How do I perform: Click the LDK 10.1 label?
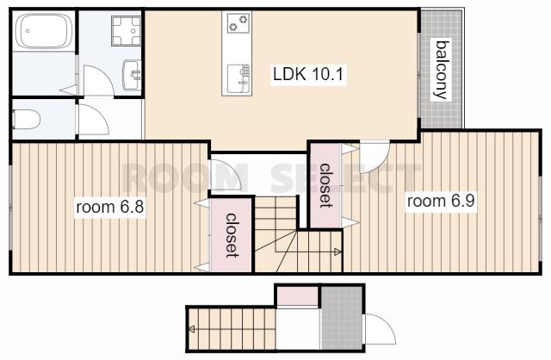click(x=308, y=74)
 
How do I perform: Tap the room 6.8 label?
click(x=110, y=207)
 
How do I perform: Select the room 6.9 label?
click(x=441, y=201)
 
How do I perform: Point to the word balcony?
click(x=442, y=70)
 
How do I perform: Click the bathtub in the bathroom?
click(x=44, y=31)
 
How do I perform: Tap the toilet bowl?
click(x=26, y=119)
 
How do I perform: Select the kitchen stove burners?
click(x=238, y=23)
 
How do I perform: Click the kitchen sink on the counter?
click(x=238, y=79)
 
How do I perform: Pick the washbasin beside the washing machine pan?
click(x=132, y=75)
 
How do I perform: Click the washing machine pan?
click(x=126, y=31)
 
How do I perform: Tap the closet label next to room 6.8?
click(x=232, y=235)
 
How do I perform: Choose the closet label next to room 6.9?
click(x=325, y=185)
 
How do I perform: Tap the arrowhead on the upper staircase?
click(x=337, y=251)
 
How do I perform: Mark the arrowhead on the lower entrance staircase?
click(x=192, y=329)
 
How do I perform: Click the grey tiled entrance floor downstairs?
click(x=342, y=318)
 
